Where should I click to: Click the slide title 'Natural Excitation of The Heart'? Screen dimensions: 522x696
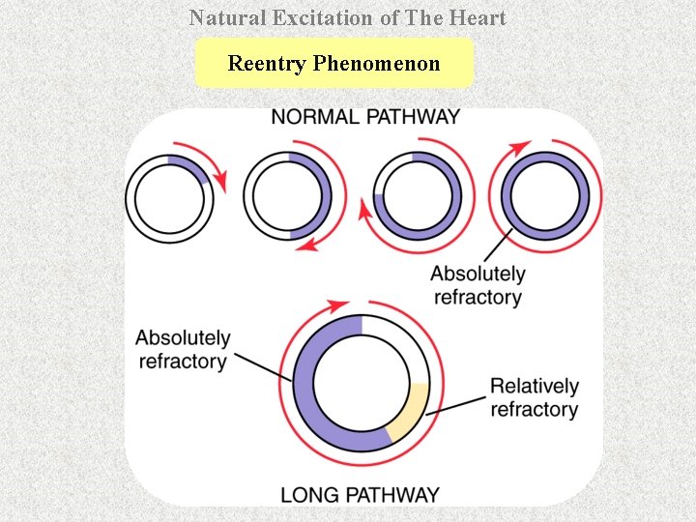(347, 17)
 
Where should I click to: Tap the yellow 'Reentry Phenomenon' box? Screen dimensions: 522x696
(333, 64)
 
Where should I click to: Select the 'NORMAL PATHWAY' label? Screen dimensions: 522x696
(365, 117)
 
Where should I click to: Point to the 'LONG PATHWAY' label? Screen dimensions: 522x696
(360, 494)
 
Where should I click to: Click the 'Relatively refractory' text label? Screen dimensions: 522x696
(534, 397)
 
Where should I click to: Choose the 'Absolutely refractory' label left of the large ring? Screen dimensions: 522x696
(183, 350)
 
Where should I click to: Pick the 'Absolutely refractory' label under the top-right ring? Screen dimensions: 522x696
(478, 285)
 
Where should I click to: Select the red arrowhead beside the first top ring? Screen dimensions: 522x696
(221, 181)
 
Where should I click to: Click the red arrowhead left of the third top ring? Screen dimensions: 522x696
(367, 209)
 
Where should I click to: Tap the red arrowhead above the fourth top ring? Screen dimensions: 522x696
(521, 147)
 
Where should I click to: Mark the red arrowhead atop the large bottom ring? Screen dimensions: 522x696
(339, 305)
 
